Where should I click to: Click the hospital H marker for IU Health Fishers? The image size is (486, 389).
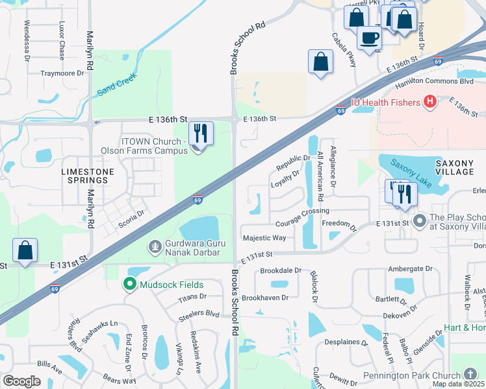pos(429,102)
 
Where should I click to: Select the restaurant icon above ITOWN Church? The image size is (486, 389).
pos(201,134)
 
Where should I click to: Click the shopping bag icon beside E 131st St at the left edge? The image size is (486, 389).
pos(25,250)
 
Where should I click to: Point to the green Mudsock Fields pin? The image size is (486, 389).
pos(130,284)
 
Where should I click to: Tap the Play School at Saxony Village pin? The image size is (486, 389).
pos(419,223)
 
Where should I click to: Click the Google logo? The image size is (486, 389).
pos(21,381)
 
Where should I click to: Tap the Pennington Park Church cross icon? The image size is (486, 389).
pos(471,374)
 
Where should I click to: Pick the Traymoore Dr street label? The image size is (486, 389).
pos(62,74)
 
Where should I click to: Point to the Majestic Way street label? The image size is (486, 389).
pos(263,238)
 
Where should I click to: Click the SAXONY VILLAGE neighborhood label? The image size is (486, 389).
pos(455,167)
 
